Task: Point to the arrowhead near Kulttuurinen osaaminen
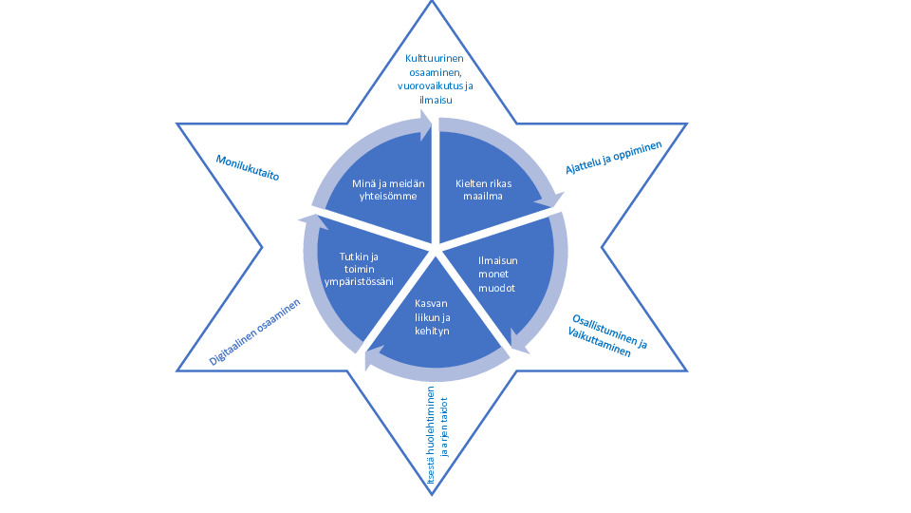tap(424, 123)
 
